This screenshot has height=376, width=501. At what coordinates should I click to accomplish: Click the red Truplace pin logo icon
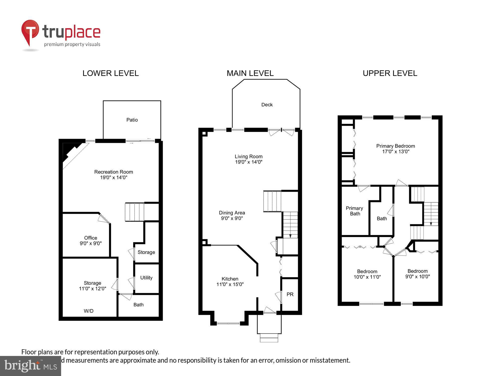coord(30,31)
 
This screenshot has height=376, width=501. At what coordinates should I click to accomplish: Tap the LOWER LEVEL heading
coord(110,73)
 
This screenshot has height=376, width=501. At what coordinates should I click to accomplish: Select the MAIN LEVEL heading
coord(250,73)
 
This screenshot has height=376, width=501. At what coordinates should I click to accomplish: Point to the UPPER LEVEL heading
coord(390,73)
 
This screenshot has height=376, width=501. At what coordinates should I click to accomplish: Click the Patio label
coord(132,120)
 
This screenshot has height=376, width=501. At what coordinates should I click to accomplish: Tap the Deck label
coord(267,105)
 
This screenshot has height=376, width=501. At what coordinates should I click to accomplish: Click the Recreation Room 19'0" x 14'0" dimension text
coord(114,177)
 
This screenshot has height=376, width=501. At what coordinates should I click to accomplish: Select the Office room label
coord(90,238)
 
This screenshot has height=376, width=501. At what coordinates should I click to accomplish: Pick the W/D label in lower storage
coord(88,311)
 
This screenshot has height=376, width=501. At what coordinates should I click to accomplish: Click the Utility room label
coord(146,278)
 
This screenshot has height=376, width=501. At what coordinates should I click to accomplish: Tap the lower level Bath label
coord(139,305)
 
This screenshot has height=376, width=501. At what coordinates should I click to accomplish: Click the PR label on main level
coord(290,295)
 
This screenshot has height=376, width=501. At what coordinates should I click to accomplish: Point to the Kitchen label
coord(230,279)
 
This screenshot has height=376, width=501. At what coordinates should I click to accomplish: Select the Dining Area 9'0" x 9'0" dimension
coord(232,218)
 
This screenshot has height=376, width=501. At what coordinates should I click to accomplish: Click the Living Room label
coord(248,156)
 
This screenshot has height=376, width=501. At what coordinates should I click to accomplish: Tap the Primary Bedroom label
coord(396,146)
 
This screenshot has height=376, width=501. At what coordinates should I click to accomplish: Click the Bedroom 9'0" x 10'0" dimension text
coord(418,276)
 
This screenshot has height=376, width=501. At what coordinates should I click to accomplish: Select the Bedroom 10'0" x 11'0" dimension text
coord(367,277)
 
